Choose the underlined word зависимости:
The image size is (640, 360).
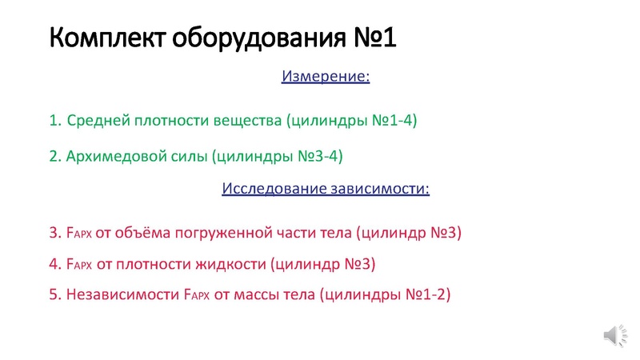(378, 190)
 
